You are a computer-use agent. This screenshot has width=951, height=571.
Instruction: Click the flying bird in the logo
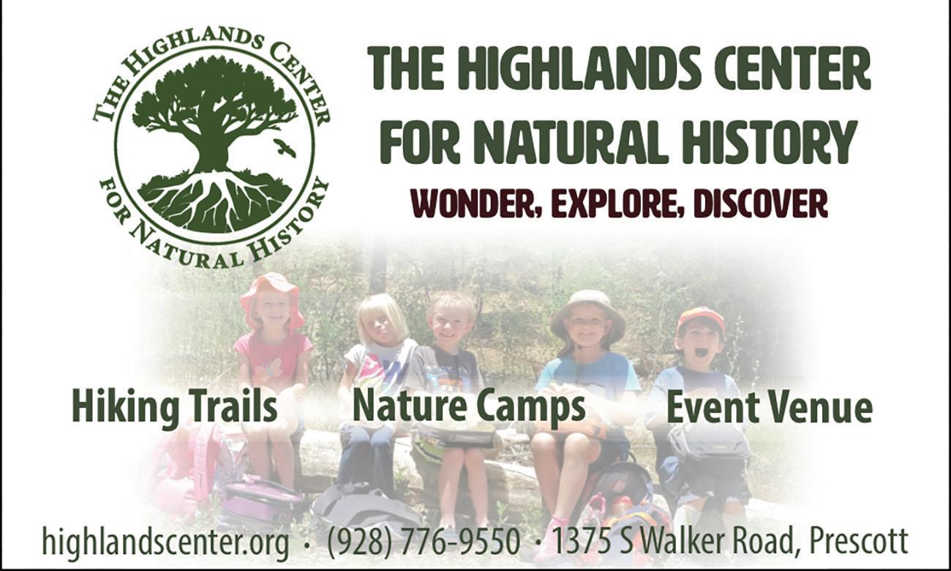click(285, 147)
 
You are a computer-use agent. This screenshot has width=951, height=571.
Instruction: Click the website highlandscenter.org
click(165, 542)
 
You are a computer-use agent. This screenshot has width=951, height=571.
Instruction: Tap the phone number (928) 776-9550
click(424, 542)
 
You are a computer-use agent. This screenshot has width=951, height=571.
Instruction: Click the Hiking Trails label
click(175, 408)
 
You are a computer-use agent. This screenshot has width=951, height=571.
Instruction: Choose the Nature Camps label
click(469, 408)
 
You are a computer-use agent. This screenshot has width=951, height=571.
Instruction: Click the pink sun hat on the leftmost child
click(271, 297)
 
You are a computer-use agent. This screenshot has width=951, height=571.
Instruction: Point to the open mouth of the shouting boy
click(702, 354)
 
